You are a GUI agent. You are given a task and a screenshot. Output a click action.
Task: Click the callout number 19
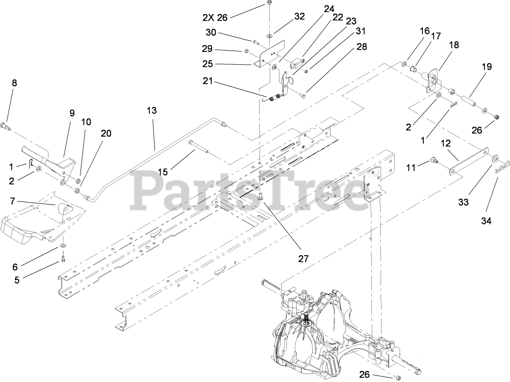coord(487,67)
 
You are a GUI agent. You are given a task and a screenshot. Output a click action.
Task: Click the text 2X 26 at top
coord(216,18)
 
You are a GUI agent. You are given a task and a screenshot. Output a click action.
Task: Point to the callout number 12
coord(445,143)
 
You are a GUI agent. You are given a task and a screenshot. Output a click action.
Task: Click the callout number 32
coord(299,17)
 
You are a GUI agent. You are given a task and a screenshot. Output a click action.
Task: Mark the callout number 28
coord(362,47)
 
